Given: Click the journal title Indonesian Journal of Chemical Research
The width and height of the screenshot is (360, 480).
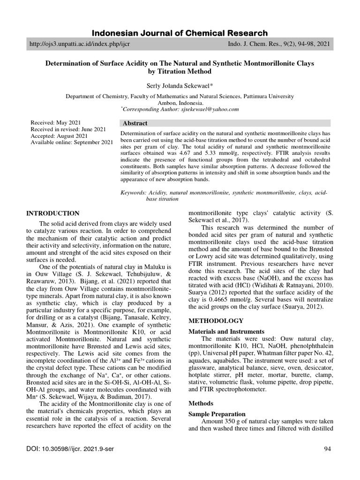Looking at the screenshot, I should coord(180,33).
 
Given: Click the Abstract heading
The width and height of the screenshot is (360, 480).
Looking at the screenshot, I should coord(135,123).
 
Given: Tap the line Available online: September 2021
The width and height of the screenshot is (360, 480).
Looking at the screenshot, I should coord(72,142).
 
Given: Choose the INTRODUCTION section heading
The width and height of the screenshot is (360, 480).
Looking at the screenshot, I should coord(53,213).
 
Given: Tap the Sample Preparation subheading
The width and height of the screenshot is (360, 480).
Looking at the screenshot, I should coord(217,414).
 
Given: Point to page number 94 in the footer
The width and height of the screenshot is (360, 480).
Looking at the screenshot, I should coord(327,450).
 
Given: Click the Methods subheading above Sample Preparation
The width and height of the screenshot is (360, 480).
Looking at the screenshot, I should coord(201,403).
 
